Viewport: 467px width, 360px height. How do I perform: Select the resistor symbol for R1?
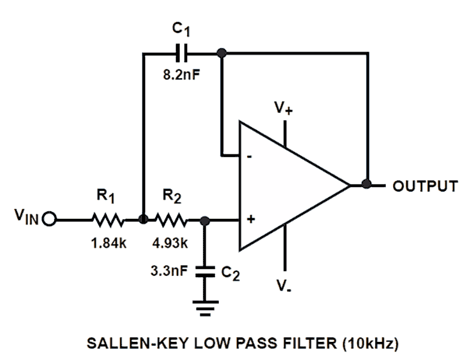coord(106,221)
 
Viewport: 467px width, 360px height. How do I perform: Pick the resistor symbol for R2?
coord(172,221)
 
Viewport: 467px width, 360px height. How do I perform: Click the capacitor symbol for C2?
coord(204,271)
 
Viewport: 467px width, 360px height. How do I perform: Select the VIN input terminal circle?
coord(48,221)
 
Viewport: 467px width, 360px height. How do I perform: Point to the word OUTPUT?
coord(424,186)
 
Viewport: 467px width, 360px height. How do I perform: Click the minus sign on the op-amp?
coord(250,156)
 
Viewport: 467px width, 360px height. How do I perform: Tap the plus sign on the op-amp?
coord(251,220)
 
